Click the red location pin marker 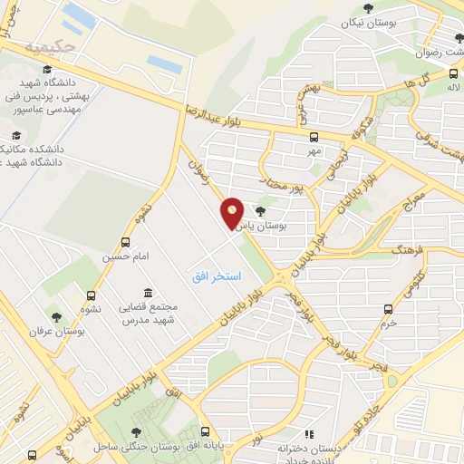[x=232, y=213]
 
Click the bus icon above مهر [x=314, y=138]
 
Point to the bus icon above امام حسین [x=124, y=243]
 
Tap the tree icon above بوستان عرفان [x=57, y=317]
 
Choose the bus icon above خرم [x=390, y=308]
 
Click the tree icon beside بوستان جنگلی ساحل [x=136, y=432]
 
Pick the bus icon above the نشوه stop [x=91, y=295]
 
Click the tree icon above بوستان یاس [x=261, y=212]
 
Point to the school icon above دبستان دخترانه [x=308, y=435]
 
